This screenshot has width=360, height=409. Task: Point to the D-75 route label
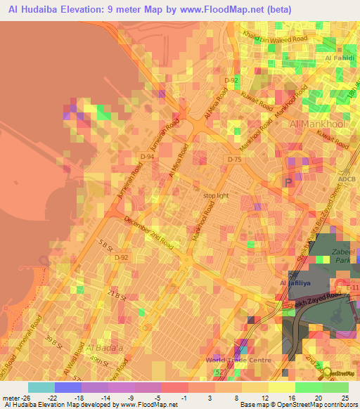click(234, 160)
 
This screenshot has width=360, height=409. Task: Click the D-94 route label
click(146, 157)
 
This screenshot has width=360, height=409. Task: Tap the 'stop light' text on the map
click(216, 196)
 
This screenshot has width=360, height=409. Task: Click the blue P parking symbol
click(288, 182)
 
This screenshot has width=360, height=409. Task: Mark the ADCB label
click(347, 178)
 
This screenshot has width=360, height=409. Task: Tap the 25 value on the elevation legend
click(345, 397)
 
